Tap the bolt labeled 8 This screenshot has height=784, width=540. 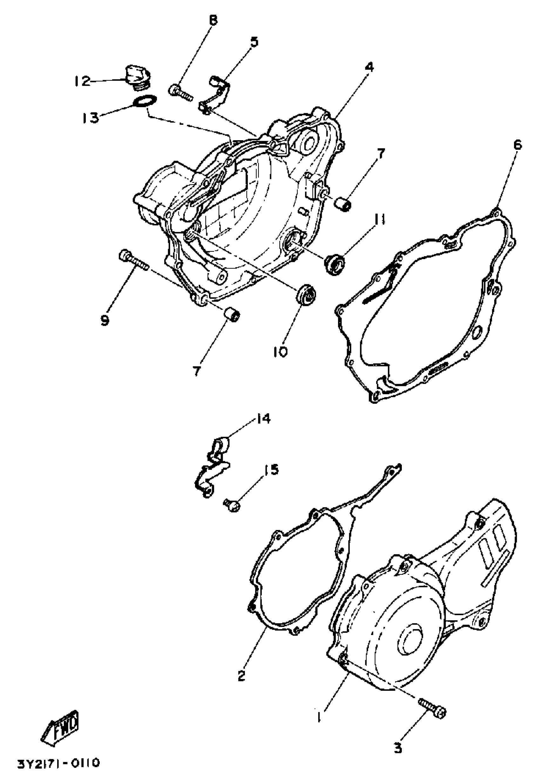click(x=180, y=93)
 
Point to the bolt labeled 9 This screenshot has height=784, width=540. click(x=133, y=260)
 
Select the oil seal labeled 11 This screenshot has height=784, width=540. click(x=334, y=264)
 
